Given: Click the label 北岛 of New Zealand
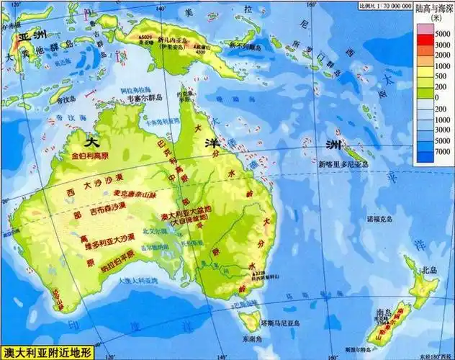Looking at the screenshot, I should (x=430, y=270).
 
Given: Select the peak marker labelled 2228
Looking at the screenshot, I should (x=257, y=274).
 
